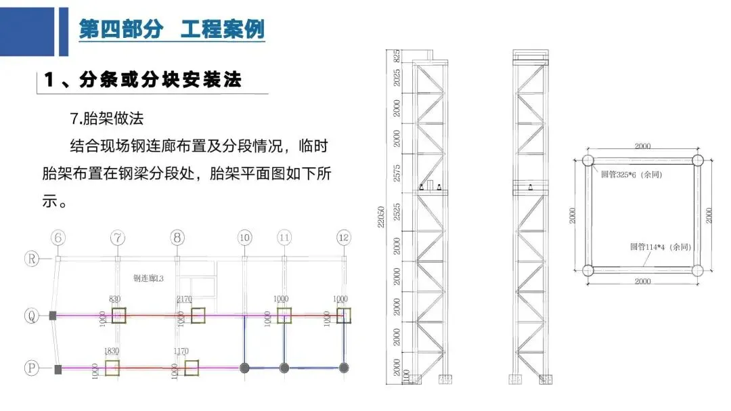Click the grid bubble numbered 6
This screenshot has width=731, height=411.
pos(58,238)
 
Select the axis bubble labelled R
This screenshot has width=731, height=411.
pos(31,258)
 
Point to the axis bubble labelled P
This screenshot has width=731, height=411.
pos(31,368)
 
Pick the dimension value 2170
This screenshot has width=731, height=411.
pos(185,299)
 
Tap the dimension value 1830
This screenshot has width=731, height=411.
pos(112,351)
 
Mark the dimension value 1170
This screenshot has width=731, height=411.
pos(181,351)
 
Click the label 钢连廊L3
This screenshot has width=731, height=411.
pos(150,278)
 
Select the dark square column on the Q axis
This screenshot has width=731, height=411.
pos(53,316)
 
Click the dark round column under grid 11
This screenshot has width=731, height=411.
pos(284,368)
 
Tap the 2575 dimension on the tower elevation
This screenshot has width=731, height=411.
pos(397,173)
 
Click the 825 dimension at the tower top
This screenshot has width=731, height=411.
pos(397,56)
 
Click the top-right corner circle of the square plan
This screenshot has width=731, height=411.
pos(698,161)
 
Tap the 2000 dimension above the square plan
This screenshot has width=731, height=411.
pos(642,146)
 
